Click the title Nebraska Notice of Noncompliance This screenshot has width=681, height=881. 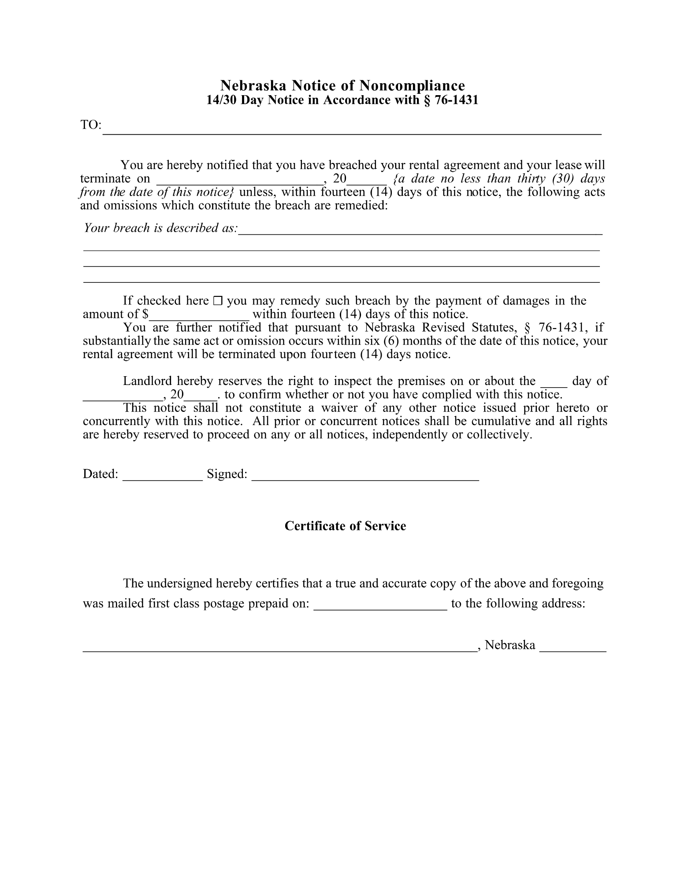tap(342, 85)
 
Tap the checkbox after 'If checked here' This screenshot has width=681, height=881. tap(218, 301)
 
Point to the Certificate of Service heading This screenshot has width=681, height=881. tap(345, 526)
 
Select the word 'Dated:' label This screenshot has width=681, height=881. tap(100, 474)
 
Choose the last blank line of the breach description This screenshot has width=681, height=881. tap(342, 281)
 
